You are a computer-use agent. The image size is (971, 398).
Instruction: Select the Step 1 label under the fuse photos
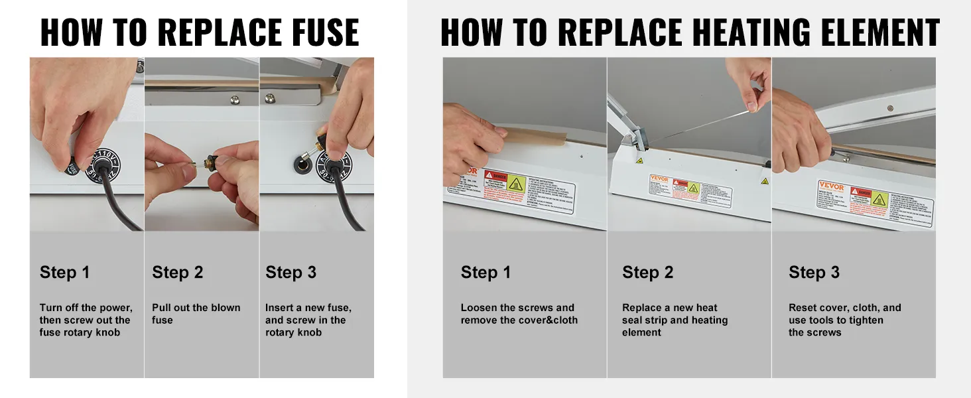pyautogui.click(x=64, y=273)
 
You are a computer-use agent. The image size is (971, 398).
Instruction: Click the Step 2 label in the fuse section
pyautogui.click(x=177, y=273)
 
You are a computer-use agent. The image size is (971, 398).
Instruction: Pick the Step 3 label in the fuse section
pyautogui.click(x=291, y=273)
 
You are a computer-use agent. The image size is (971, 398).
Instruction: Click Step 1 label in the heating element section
pyautogui.click(x=486, y=273)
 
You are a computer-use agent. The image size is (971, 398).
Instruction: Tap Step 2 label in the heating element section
pyautogui.click(x=647, y=273)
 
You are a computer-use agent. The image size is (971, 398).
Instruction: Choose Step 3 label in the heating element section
pyautogui.click(x=814, y=273)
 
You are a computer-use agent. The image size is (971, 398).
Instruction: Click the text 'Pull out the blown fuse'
pyautogui.click(x=196, y=314)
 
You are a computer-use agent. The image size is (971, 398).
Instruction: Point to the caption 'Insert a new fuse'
pyautogui.click(x=308, y=308)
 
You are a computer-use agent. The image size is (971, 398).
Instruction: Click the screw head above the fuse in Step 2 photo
pyautogui.click(x=235, y=100)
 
